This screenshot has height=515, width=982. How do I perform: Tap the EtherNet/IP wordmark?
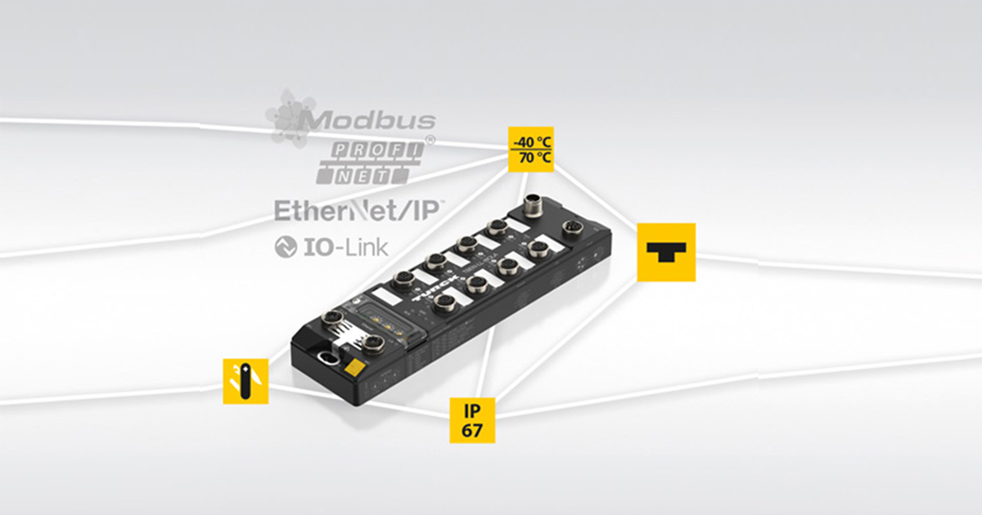(358, 211)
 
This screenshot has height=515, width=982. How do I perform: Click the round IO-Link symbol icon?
(285, 247)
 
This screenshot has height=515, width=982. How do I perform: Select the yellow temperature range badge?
(530, 149)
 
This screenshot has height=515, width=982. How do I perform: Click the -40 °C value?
(530, 140)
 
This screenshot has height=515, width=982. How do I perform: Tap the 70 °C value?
(530, 158)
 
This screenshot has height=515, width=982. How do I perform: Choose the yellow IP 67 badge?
(472, 420)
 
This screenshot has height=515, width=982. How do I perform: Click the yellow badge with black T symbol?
(666, 252)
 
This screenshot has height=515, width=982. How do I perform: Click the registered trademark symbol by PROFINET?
(430, 141)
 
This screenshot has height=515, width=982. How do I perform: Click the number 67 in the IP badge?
(472, 431)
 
